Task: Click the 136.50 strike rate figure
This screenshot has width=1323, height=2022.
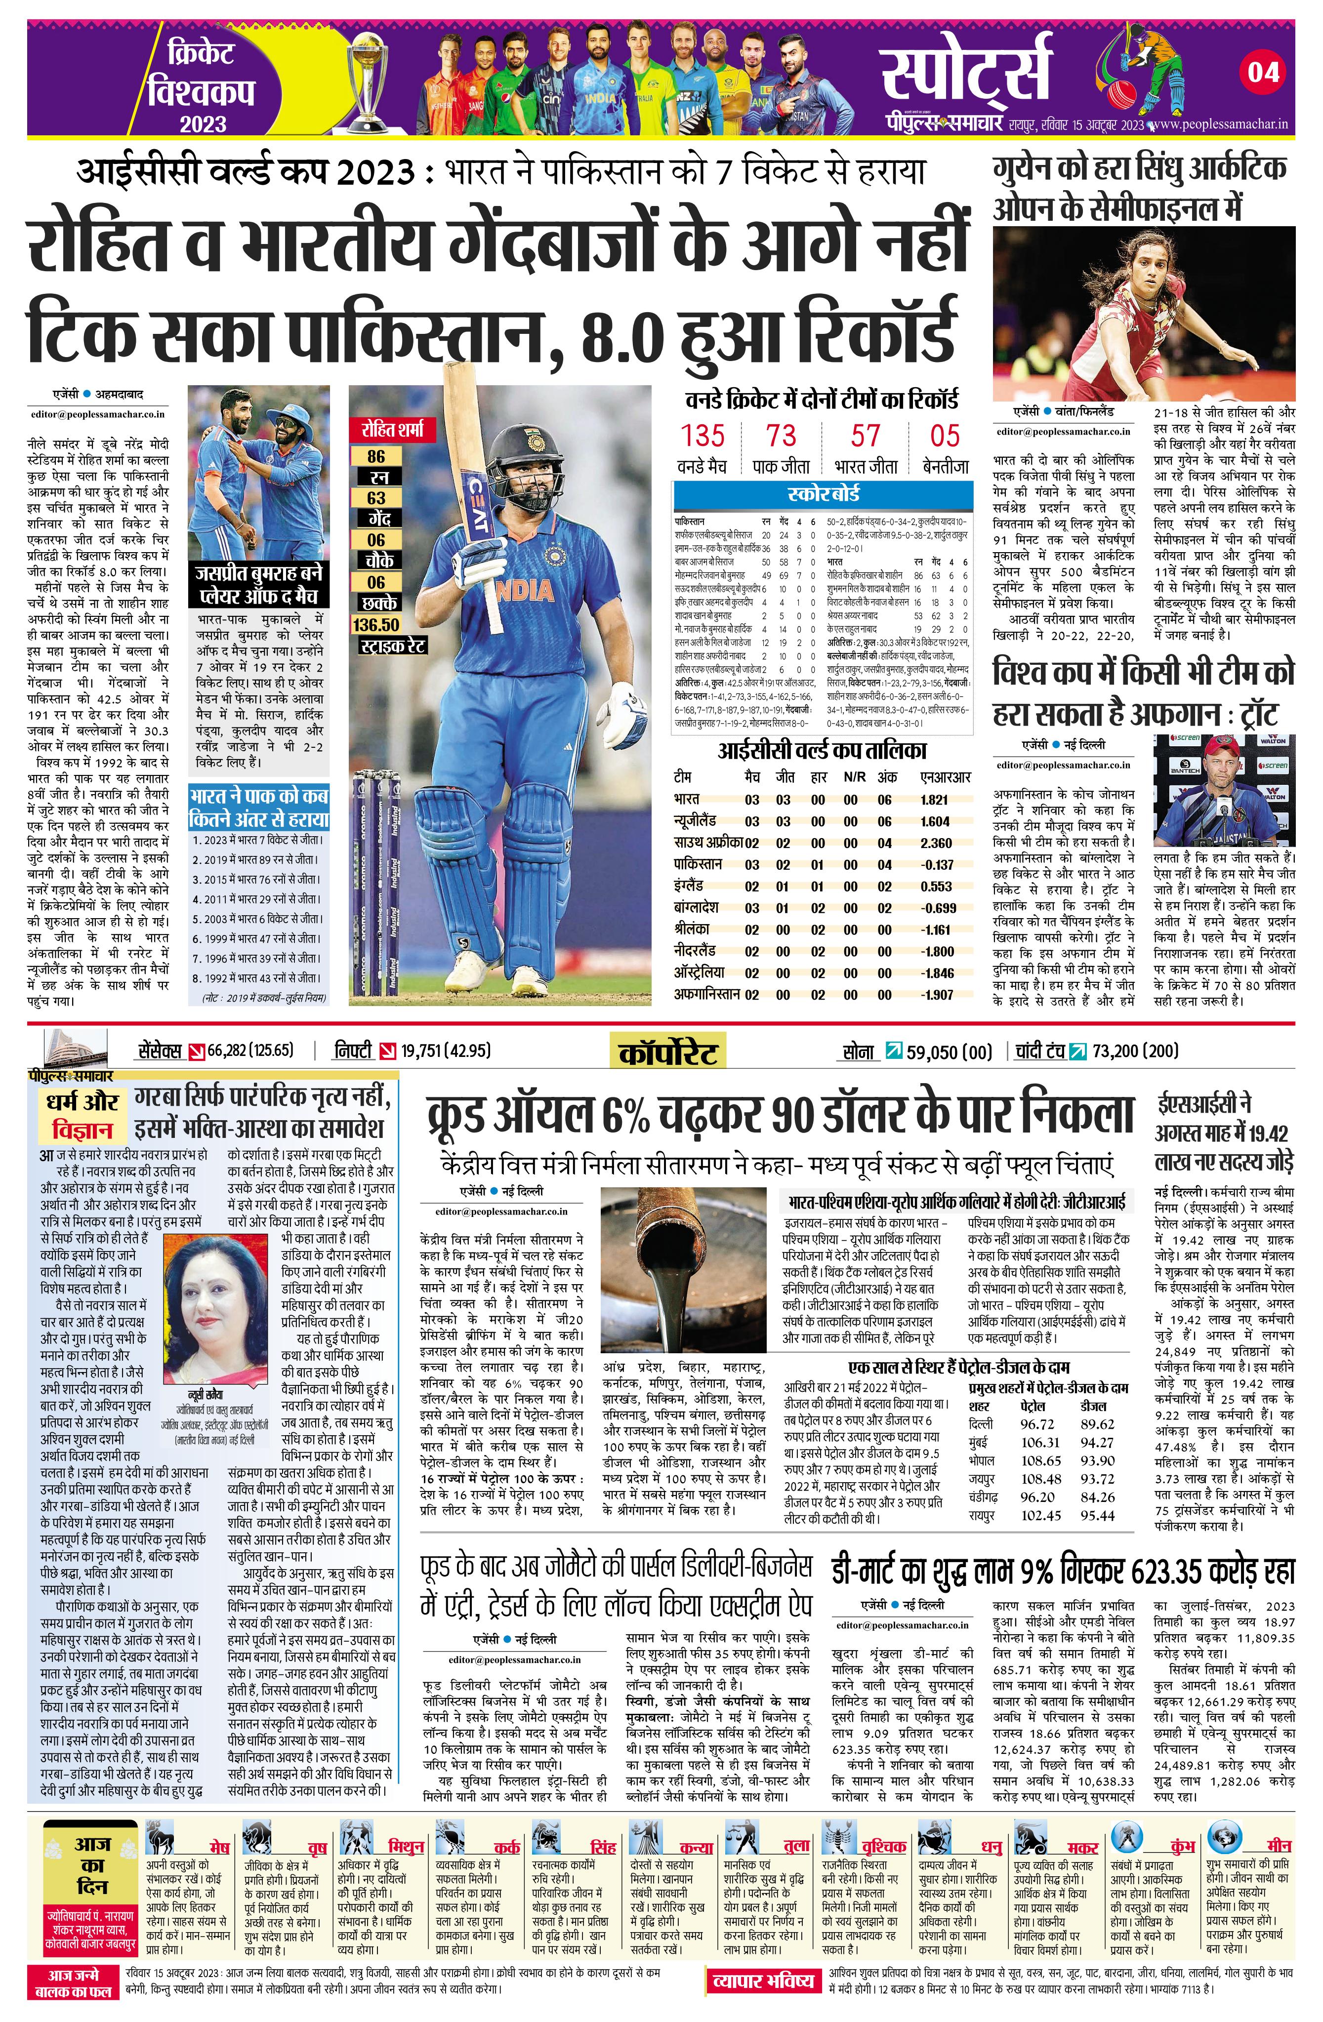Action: [x=376, y=624]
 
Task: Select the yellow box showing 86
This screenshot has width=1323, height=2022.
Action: [x=376, y=456]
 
